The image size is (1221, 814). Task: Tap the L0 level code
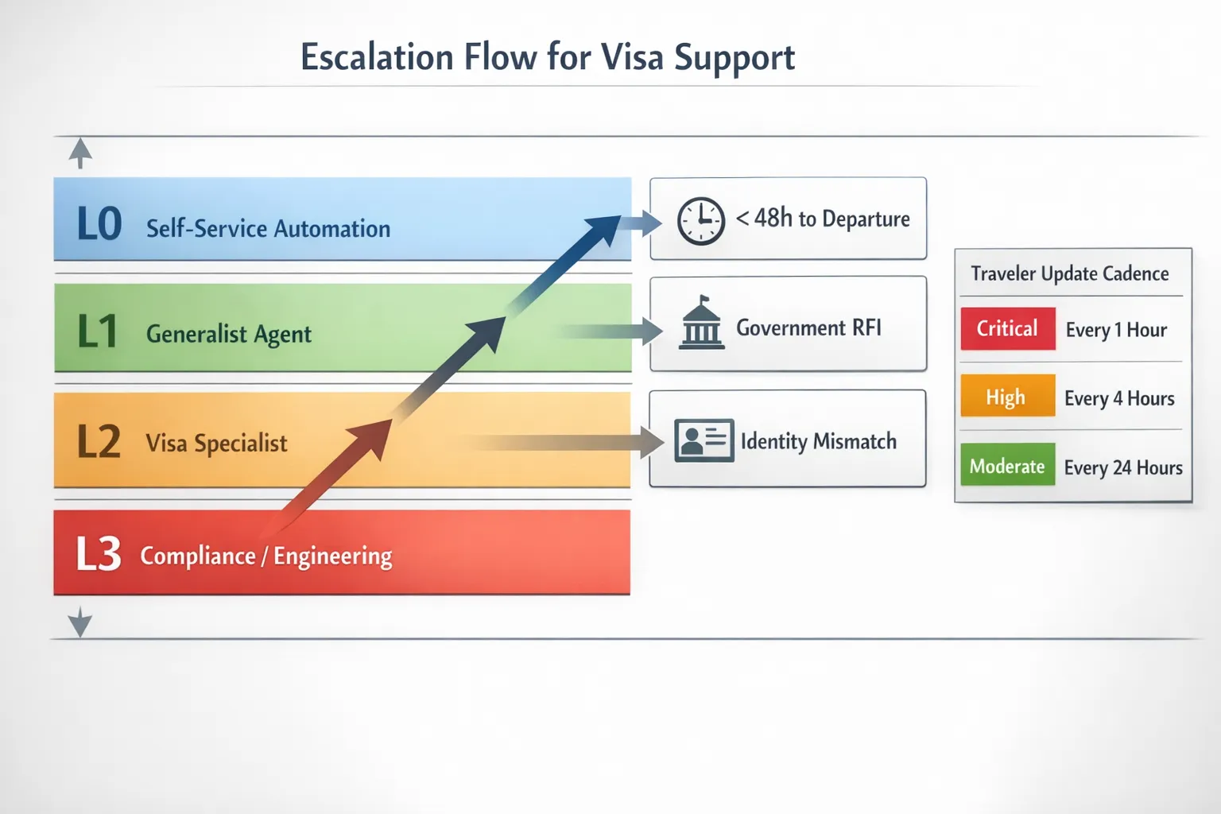(99, 224)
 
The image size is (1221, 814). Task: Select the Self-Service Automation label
(268, 229)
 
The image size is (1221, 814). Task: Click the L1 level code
(98, 331)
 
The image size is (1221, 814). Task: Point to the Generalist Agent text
(229, 335)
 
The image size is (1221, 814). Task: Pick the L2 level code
(99, 442)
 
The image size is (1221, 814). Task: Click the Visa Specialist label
(216, 444)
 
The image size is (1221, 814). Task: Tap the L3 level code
(99, 554)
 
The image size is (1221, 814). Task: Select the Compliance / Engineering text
(266, 556)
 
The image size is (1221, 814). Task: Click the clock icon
(700, 220)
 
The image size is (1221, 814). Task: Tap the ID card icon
(704, 440)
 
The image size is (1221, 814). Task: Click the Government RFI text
(808, 328)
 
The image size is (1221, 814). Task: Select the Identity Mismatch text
(818, 441)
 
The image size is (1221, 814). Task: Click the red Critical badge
(1007, 329)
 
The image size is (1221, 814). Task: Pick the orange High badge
(1006, 396)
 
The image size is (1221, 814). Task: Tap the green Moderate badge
(1006, 466)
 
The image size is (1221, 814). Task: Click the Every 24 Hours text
(1122, 467)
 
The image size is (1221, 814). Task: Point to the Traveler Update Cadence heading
(1069, 274)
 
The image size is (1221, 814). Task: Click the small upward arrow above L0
(80, 152)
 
